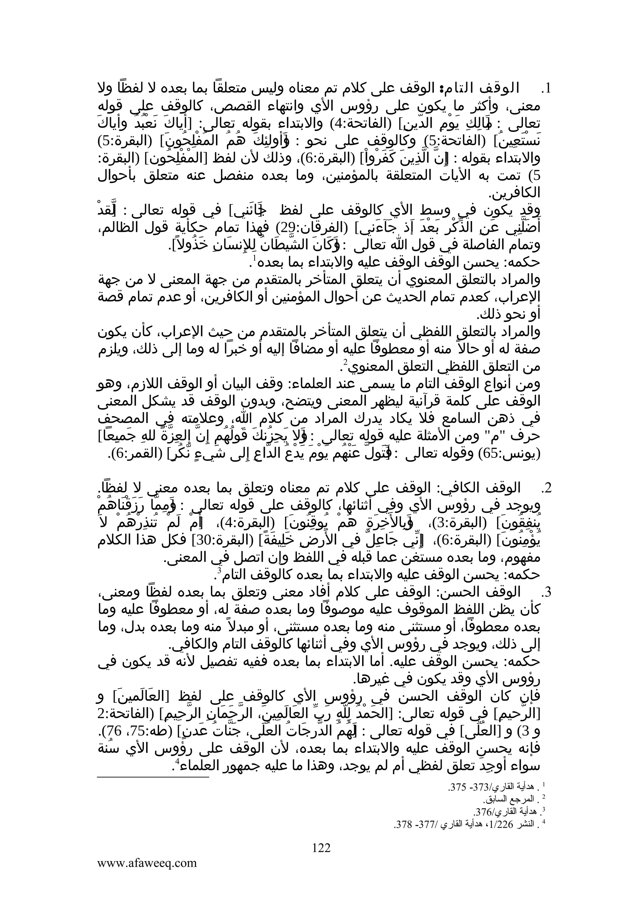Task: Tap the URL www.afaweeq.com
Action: pos(147,863)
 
